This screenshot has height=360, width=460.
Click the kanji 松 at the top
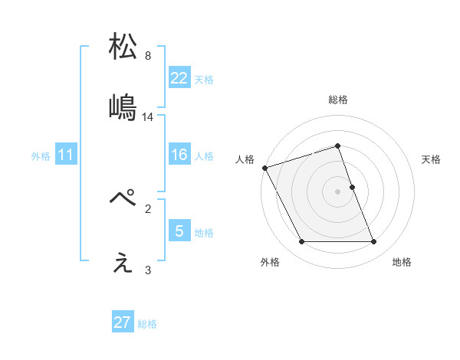coord(123,47)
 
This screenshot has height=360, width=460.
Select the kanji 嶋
coord(123,106)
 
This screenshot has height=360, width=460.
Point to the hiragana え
coord(123,263)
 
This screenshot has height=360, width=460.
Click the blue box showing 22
coord(179,78)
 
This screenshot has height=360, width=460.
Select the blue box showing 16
coord(179,155)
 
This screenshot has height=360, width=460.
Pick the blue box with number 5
coord(179,231)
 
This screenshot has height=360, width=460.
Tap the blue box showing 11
coord(66,155)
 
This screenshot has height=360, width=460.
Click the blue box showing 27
coord(123,322)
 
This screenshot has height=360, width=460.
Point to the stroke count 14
coord(148,117)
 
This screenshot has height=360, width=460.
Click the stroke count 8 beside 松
coord(148,56)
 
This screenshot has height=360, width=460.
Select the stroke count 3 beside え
coord(148,270)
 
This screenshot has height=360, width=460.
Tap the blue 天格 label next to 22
coord(204,79)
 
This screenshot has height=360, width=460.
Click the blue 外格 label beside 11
coord(41,156)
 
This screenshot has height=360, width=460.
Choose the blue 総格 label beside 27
coord(147,323)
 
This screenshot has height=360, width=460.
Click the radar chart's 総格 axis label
coord(338,100)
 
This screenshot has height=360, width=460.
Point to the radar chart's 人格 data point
coord(265,168)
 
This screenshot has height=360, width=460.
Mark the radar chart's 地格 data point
coord(373,242)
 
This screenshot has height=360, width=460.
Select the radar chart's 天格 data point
coord(352,187)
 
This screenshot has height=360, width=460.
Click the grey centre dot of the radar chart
coord(338,191)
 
